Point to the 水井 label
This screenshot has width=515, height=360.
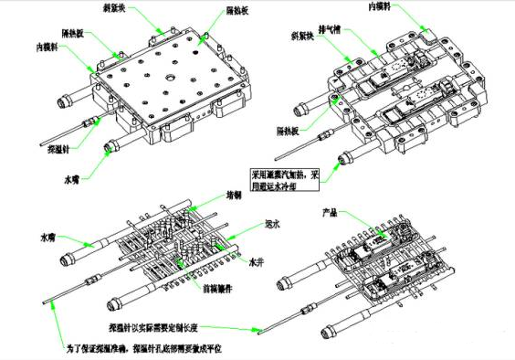(x=258, y=261)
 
